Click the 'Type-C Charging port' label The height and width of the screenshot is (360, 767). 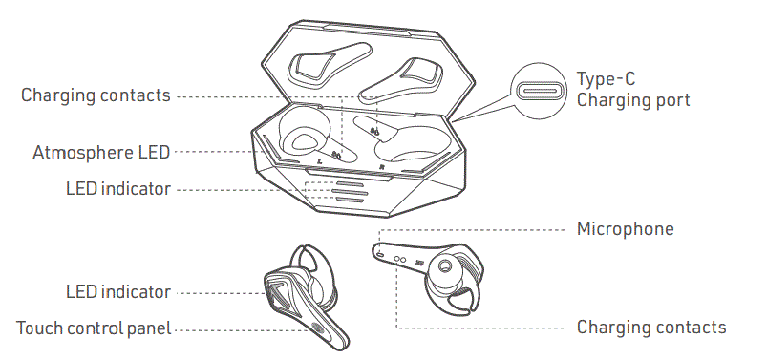click(632, 89)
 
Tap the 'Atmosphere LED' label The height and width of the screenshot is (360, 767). click(101, 152)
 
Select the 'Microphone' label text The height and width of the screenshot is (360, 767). click(625, 229)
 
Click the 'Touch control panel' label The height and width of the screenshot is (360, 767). click(94, 328)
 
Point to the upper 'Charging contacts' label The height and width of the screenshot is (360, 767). click(96, 95)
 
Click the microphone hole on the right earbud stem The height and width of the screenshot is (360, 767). click(381, 254)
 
